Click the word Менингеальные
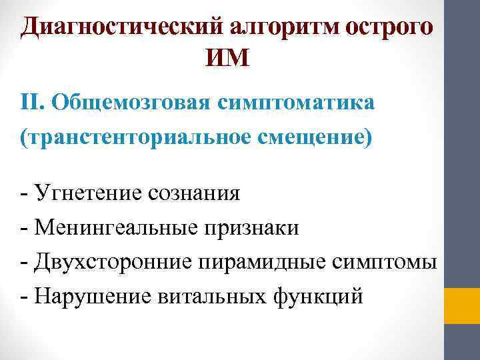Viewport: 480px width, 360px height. click(x=107, y=228)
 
